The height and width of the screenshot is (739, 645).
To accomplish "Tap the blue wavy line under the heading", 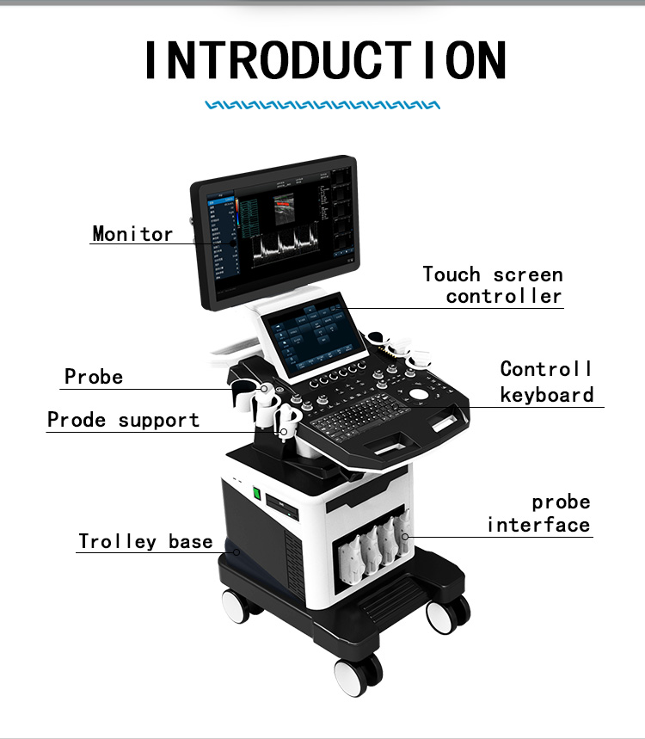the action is tap(322, 105).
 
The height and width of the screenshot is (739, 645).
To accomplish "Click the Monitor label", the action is tap(132, 233).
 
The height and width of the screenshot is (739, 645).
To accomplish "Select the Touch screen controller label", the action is tap(493, 286).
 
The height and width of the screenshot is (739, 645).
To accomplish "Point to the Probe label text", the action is tap(94, 377).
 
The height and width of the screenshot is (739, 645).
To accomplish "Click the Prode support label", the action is tap(123, 420).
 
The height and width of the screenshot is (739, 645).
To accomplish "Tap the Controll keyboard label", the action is tap(547, 381).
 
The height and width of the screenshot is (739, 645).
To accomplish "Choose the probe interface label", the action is tap(539, 514).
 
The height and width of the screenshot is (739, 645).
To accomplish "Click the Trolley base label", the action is tap(145, 541).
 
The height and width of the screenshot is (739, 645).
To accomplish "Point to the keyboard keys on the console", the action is tap(362, 418).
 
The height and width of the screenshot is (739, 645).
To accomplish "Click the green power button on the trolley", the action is tap(255, 494).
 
